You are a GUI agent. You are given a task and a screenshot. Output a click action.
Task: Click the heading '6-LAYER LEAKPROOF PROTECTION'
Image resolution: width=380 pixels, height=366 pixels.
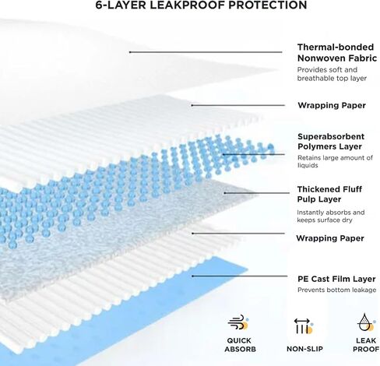pos(201,5)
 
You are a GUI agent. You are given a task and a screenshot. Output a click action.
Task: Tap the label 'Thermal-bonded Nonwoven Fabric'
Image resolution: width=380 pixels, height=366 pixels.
pos(337,53)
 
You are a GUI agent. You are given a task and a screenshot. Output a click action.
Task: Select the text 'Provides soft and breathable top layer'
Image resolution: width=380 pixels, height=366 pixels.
pos(332,74)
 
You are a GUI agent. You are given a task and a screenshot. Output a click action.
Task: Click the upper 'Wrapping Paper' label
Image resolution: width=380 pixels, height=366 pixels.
pos(332,105)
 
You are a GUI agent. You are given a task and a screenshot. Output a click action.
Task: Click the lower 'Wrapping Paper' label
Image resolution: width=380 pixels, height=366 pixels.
pos(330,238)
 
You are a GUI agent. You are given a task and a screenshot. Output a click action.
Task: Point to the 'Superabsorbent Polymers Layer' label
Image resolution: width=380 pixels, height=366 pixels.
pos(331,142)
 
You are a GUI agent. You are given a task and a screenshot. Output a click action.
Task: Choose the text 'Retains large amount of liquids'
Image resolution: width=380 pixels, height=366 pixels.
pos(335,161)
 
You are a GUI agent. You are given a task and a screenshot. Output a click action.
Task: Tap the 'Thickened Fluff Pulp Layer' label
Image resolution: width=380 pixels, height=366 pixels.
pos(329,194)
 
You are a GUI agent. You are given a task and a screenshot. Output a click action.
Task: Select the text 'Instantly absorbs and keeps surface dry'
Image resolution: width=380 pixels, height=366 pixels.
pos(331,216)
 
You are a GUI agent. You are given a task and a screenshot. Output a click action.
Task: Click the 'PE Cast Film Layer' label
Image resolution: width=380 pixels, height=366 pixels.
pos(336,279)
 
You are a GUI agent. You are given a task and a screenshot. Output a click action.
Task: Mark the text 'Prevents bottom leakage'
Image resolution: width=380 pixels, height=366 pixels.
pos(336,290)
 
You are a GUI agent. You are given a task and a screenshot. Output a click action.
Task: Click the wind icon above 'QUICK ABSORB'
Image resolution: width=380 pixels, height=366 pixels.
pos(238,322)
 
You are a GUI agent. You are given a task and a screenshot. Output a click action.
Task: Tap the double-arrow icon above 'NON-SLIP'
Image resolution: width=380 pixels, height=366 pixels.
pos(304,326)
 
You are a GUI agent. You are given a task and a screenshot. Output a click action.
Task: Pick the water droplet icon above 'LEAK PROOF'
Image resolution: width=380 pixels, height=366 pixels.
pos(366,322)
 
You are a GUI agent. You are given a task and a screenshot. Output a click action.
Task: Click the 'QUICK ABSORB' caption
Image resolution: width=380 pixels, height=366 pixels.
pos(240,345)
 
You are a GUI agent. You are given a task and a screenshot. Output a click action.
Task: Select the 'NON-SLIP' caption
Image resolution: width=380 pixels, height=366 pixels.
pos(304,349)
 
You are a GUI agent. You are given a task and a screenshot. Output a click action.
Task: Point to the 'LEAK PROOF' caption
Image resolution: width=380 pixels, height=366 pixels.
pos(366,345)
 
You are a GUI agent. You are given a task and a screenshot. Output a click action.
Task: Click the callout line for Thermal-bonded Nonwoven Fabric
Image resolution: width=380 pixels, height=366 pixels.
pos(206,52)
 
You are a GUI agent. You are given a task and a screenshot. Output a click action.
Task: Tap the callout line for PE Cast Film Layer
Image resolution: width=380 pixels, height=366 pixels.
pos(240,276)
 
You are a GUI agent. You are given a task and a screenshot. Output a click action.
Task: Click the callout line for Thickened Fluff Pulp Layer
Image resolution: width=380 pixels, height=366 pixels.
pos(257,193)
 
